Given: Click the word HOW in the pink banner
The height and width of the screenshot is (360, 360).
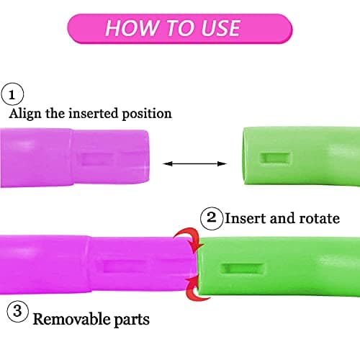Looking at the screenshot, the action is coord(132,28).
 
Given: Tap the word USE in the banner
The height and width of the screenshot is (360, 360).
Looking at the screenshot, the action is coord(220,28).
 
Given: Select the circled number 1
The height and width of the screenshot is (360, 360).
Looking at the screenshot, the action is coord(12,94).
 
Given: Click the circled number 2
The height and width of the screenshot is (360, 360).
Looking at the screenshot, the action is coord(212,218).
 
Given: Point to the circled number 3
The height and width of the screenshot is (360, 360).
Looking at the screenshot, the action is coord(18,311).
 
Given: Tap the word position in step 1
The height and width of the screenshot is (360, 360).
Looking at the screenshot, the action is coord(147,114).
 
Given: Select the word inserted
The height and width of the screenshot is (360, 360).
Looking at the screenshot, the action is coord(94,113).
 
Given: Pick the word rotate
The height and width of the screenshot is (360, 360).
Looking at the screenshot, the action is coord(320,219).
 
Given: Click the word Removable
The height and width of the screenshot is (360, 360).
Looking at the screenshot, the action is coord(71,319).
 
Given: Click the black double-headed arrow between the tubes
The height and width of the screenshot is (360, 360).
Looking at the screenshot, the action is coord(194,164).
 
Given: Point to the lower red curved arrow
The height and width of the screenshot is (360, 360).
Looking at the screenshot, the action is coord(197,289).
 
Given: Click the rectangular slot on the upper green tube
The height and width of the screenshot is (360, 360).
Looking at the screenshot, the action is coord(276,158).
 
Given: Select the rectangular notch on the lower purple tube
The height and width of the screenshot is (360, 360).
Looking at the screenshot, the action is coord(124,266).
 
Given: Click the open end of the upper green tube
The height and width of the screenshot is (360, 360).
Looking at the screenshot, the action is coord(246,156).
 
